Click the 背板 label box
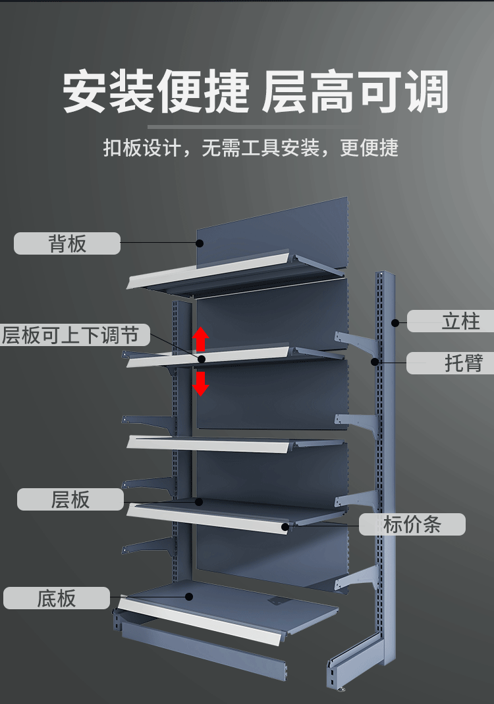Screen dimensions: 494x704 pyautogui.click(x=67, y=243)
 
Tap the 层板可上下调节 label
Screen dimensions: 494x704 pyautogui.click(x=74, y=335)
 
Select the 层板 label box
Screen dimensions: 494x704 pyautogui.click(x=70, y=499)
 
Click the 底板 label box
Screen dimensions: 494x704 pyautogui.click(x=56, y=598)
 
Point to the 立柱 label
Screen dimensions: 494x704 pyautogui.click(x=451, y=321)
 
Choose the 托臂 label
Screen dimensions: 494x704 pyautogui.click(x=451, y=363)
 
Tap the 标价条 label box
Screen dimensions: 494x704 pyautogui.click(x=412, y=524)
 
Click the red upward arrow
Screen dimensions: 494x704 pyautogui.click(x=201, y=339)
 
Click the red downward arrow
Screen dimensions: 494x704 pyautogui.click(x=201, y=384)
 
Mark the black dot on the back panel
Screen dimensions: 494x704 pyautogui.click(x=200, y=243)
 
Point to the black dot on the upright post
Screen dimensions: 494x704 pyautogui.click(x=395, y=322)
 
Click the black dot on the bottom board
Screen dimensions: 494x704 pyautogui.click(x=189, y=597)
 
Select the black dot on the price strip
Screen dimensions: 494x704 pyautogui.click(x=285, y=526)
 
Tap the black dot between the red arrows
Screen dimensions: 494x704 pyautogui.click(x=202, y=359)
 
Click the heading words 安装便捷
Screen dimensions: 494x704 pyautogui.click(x=156, y=92)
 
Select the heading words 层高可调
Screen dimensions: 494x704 pyautogui.click(x=355, y=92)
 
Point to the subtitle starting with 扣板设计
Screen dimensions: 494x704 pyautogui.click(x=251, y=148)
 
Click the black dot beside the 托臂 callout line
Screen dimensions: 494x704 pyautogui.click(x=374, y=361)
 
